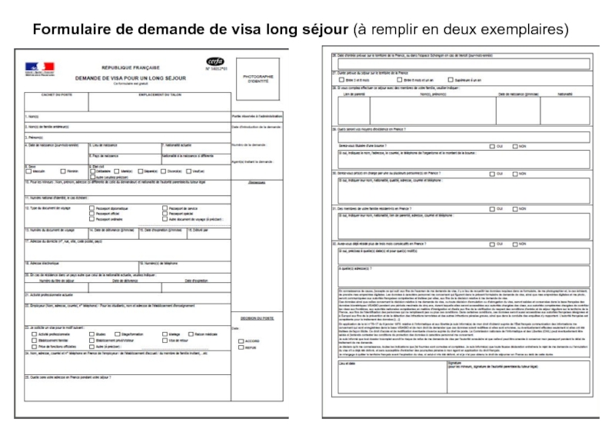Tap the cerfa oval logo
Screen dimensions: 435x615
pos(214,61)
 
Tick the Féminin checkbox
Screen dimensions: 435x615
pos(62,171)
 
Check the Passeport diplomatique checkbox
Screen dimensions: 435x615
pos(91,208)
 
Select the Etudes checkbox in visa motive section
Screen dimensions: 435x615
pos(91,334)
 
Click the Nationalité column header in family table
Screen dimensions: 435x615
pos(544,95)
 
